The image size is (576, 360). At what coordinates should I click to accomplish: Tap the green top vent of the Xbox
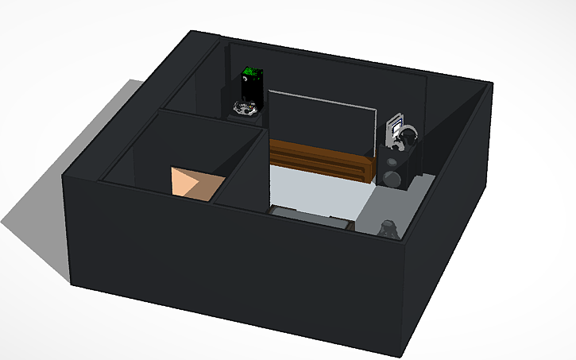coord(250,74)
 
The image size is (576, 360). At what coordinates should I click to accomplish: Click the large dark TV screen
coord(321,122)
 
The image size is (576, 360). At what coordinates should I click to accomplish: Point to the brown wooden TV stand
coord(318,160)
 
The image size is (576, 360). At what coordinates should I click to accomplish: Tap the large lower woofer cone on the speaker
coord(392,176)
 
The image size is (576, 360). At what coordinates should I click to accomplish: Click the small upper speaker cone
coord(393,161)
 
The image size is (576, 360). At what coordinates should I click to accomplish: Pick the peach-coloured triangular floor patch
coord(193,182)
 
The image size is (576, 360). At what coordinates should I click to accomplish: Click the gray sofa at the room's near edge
coord(310,215)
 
